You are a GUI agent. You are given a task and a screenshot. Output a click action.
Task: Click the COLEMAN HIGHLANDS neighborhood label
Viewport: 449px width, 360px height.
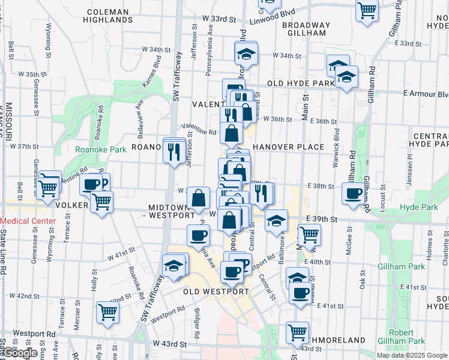[107, 16]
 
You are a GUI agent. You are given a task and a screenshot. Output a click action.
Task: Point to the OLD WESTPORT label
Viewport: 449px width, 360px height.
[215, 292]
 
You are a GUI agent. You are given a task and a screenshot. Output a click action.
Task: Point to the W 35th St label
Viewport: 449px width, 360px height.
[32, 74]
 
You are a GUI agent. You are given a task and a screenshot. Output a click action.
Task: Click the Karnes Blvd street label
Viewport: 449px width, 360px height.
[152, 70]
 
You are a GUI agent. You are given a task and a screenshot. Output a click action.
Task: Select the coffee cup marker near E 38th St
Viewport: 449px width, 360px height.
[352, 193]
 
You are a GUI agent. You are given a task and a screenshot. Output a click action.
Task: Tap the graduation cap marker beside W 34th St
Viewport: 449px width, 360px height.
[245, 54]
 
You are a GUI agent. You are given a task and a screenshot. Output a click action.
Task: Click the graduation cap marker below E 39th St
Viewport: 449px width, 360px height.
[276, 222]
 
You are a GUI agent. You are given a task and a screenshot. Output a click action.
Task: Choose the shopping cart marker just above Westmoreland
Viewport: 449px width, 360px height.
[298, 332]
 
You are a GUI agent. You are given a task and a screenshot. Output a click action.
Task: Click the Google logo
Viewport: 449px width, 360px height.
[19, 353]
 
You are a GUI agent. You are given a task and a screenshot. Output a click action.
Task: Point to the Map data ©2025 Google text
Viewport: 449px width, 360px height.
[412, 355]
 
